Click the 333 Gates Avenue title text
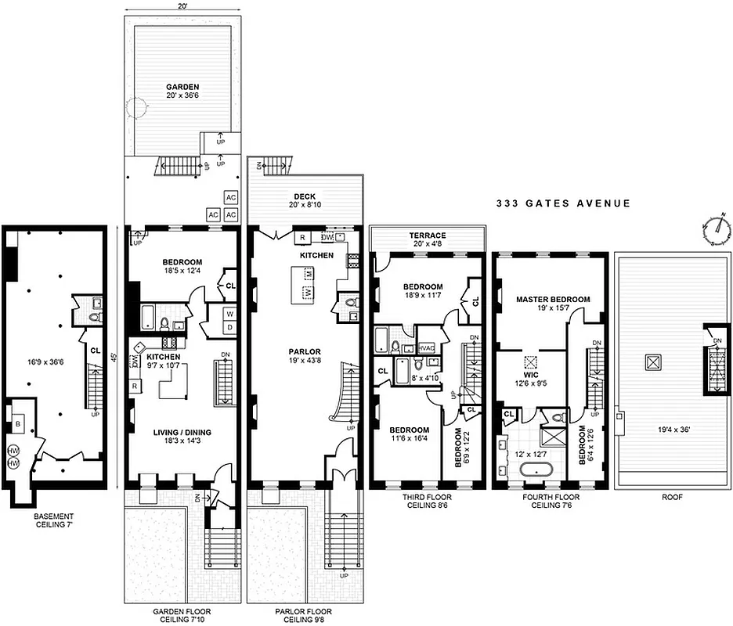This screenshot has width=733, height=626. [x=563, y=203]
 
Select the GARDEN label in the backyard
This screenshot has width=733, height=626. [x=182, y=87]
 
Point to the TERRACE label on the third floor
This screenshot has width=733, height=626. [x=428, y=236]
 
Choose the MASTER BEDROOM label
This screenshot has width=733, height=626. [x=553, y=300]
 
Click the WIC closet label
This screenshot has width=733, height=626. [x=533, y=374]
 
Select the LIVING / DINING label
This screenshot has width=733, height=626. [x=181, y=431]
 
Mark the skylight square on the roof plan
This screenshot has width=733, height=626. [x=651, y=362]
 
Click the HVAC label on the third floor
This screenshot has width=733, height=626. [x=427, y=348]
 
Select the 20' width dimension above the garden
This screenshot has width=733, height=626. [x=182, y=6]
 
